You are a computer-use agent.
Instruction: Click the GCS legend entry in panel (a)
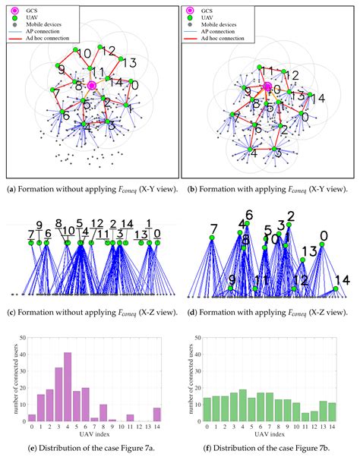(x=38, y=10)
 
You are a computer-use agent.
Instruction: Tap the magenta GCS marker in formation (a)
(x=93, y=86)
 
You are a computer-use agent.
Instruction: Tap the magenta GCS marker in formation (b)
(x=267, y=87)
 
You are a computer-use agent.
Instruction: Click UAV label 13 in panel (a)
(x=128, y=62)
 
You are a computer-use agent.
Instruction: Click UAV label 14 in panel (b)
(x=317, y=99)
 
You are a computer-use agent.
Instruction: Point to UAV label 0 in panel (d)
(x=323, y=236)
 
